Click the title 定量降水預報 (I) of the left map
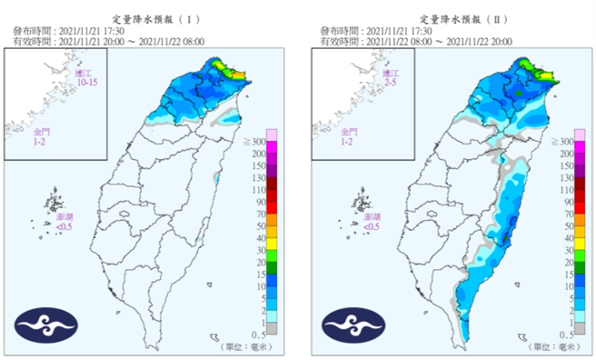149,18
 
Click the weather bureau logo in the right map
352,325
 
